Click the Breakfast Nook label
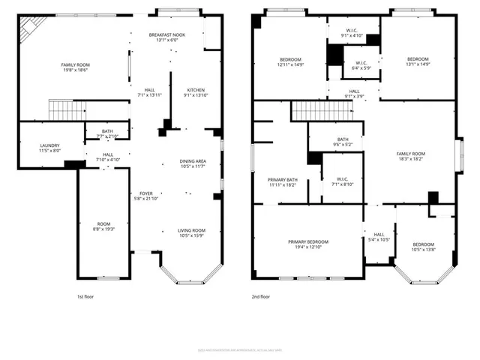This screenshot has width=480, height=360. click(166, 34)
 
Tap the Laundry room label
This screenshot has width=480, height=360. click(50, 145)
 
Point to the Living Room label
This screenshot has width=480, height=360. click(192, 230)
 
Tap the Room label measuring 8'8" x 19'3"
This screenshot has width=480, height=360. click(103, 224)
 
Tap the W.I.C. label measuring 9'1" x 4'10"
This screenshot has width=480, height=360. click(352, 31)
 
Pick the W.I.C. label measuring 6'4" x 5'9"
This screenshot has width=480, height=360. click(361, 63)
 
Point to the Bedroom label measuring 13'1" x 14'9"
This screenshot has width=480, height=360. click(418, 59)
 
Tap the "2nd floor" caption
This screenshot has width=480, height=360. click(260, 297)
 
